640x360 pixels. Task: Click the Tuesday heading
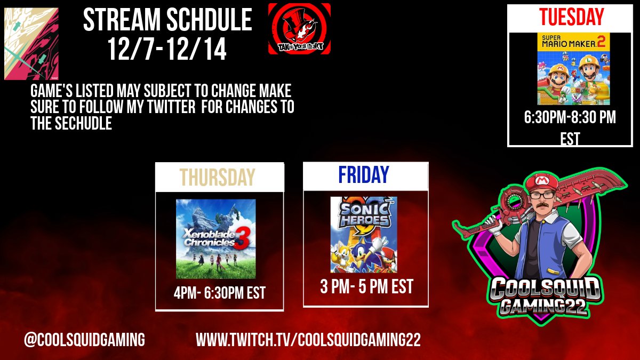[571, 17]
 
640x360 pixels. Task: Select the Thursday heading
[217, 177]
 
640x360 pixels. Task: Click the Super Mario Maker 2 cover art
[573, 68]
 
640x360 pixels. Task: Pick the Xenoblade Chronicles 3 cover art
[216, 238]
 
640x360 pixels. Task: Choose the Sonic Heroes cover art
[364, 235]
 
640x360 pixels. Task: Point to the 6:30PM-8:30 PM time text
[570, 118]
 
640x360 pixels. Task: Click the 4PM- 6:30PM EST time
[220, 293]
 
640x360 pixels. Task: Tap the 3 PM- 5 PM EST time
[366, 287]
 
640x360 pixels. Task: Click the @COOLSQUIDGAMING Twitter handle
[84, 340]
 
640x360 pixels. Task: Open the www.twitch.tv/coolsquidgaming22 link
[308, 340]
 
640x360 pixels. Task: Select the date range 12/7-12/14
[167, 50]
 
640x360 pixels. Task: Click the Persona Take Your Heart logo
[299, 28]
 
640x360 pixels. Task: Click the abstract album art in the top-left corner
[31, 44]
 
